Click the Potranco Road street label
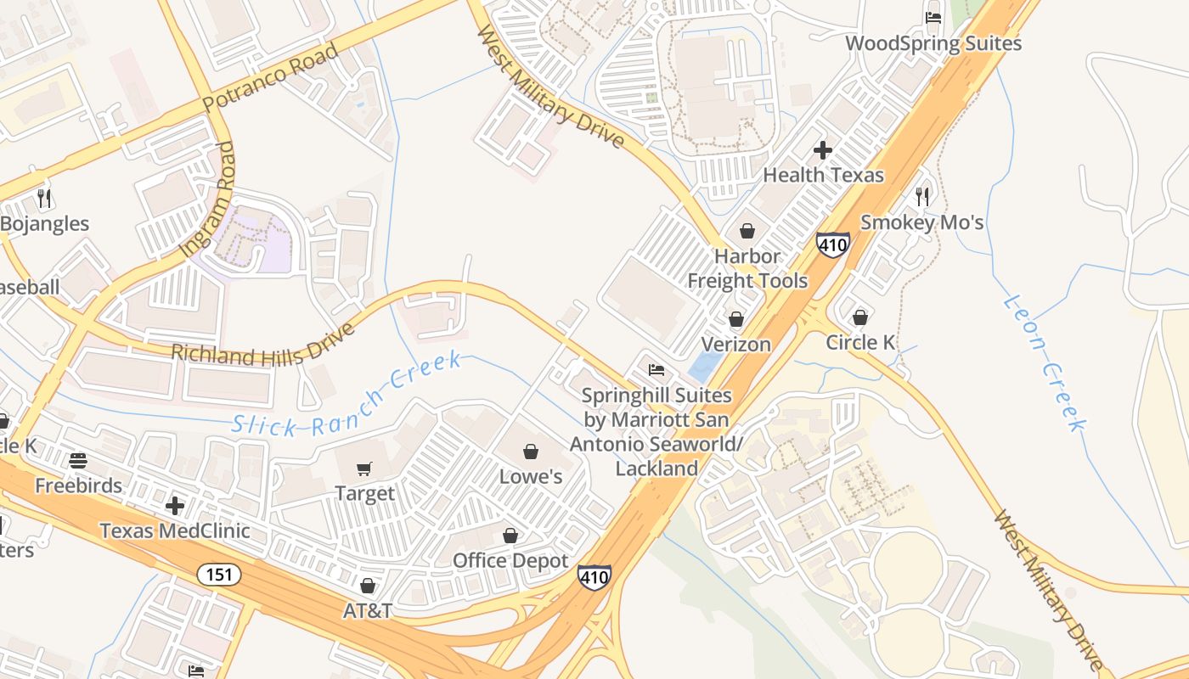pos(270,77)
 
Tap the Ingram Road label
pos(206,199)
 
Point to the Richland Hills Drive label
pos(263,343)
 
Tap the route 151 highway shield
pos(219,575)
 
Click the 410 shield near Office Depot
pos(594,578)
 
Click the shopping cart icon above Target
pos(364,469)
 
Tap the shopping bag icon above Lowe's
pos(531,452)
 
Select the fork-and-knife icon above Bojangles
pos(44,199)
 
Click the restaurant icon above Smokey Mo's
pos(922,197)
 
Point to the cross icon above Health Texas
pos(822,150)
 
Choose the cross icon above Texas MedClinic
pos(175,506)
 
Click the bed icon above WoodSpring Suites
pos(933,18)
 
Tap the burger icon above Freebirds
pos(78,461)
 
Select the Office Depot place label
pos(510,561)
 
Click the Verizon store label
pos(735,344)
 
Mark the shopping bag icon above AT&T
pos(368,586)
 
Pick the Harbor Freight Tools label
pos(747,268)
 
